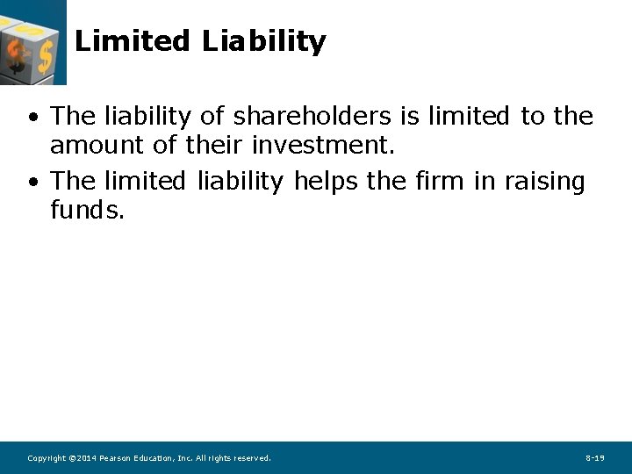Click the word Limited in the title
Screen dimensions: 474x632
coord(132,41)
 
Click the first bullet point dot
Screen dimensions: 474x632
coord(32,118)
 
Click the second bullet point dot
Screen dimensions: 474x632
coord(32,183)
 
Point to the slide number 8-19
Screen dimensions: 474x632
coord(594,458)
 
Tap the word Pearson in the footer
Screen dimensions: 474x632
coord(117,458)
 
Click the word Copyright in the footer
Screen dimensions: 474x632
coord(47,458)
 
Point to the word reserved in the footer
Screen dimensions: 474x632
coord(252,458)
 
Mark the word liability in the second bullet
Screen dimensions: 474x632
coord(240,183)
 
